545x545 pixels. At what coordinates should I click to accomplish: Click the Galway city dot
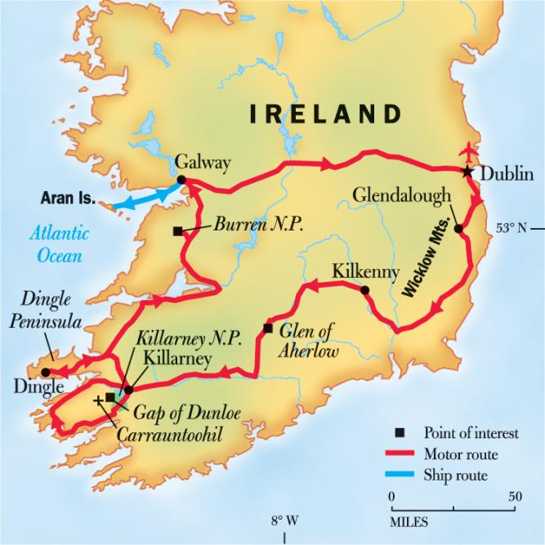[181, 181]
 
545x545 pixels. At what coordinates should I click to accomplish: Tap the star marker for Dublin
[467, 172]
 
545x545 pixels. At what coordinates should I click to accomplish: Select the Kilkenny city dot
[364, 289]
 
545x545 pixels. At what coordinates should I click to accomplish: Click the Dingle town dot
[46, 372]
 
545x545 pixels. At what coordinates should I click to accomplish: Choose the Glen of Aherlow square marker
[267, 328]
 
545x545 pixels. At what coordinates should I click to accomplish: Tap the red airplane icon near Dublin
[467, 152]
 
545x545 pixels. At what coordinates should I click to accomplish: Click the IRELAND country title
[326, 114]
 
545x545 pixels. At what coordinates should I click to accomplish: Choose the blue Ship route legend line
[400, 475]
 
